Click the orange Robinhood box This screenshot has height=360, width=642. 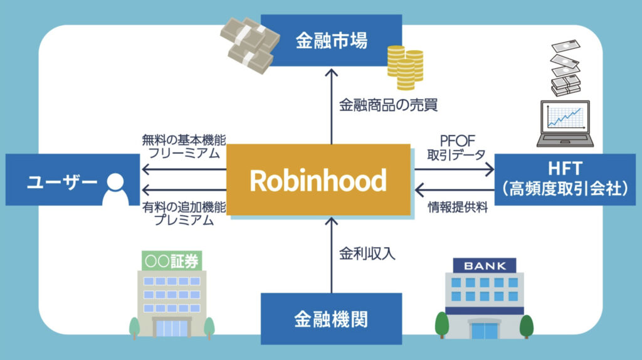(318, 180)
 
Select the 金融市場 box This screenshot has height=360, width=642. (331, 41)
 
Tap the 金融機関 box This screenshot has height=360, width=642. (331, 320)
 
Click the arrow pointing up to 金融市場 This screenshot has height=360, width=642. (331, 107)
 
